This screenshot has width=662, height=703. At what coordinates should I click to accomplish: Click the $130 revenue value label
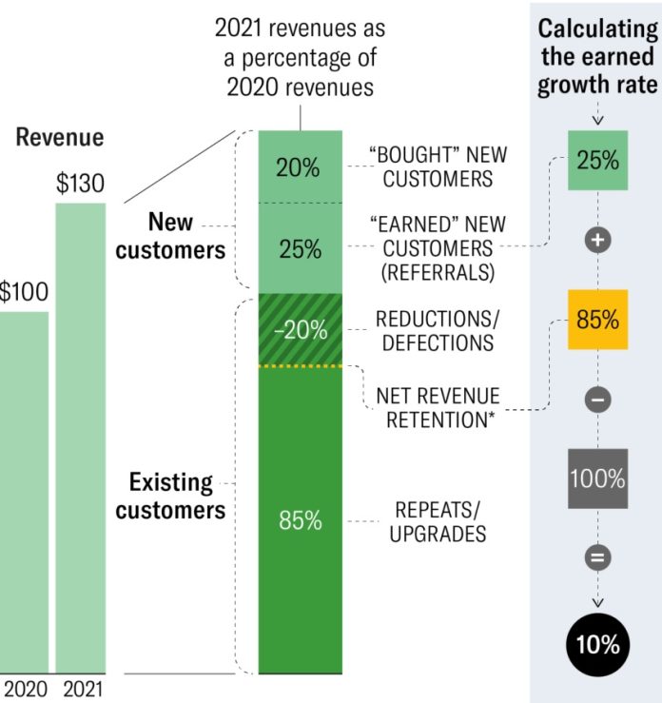80,184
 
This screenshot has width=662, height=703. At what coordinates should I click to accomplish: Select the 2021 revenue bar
80,438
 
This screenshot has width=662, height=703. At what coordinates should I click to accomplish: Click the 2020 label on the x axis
25,688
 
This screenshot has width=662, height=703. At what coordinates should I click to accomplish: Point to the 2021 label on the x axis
80,688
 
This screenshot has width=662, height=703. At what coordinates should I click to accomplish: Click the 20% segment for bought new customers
300,167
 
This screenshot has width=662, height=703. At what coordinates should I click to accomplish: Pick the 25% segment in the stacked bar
300,249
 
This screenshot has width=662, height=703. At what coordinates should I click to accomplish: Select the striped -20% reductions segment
300,330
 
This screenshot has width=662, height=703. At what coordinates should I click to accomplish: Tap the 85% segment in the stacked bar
300,520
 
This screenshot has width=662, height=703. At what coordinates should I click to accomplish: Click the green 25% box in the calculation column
597,159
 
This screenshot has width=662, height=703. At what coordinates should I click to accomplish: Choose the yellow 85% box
597,319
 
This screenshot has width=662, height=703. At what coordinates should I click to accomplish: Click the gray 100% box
597,478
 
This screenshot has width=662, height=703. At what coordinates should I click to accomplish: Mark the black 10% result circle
597,645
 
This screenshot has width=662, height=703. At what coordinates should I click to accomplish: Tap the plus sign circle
597,241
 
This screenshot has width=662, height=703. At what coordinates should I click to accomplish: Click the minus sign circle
597,400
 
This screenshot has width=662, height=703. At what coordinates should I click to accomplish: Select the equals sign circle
597,557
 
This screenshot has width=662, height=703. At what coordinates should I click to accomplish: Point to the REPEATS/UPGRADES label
437,520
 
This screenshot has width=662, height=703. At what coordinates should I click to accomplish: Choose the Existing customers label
171,495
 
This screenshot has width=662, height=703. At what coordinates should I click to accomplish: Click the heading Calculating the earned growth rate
597,56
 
